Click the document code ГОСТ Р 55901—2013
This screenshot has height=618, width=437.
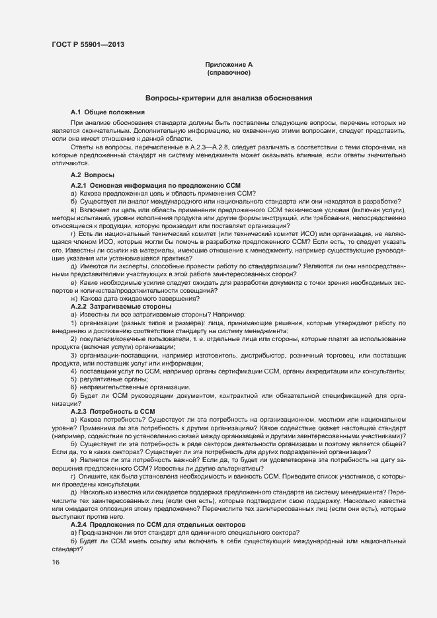point(88,45)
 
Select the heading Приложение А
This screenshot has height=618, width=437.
point(228,65)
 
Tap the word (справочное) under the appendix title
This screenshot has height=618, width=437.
point(228,73)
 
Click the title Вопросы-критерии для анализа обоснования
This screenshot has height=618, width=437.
point(229,98)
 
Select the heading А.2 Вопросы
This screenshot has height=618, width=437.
point(92,174)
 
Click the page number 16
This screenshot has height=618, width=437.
point(55,562)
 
